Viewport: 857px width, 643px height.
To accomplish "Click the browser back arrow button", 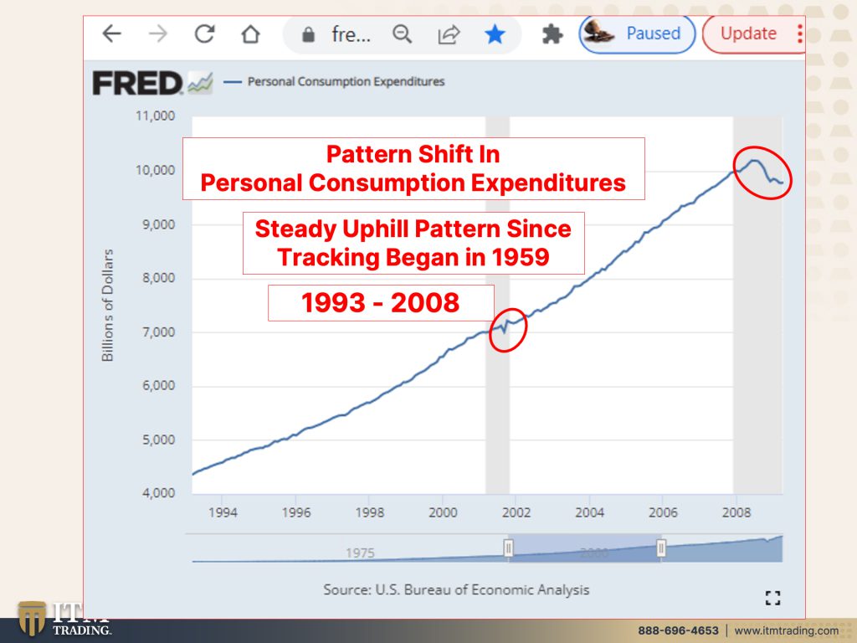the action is [x=111, y=33].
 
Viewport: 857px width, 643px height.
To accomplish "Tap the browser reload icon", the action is [x=204, y=33].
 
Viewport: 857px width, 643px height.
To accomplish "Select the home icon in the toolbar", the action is [x=251, y=33].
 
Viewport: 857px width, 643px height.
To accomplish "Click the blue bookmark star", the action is [x=495, y=34].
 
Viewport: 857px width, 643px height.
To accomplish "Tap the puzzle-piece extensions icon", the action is [x=552, y=34].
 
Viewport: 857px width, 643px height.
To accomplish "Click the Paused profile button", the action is [x=637, y=33].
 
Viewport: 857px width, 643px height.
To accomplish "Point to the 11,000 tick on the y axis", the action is [x=155, y=116].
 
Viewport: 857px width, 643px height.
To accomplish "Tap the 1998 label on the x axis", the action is [x=369, y=513].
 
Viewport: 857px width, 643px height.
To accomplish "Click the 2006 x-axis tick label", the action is [x=663, y=513].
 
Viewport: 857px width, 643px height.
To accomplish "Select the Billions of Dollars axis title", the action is [x=108, y=305].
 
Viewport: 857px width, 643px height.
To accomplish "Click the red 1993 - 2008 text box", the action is [x=381, y=303].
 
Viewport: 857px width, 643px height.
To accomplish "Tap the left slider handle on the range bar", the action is [x=508, y=548].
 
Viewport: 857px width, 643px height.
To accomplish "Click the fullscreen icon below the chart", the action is [x=772, y=598].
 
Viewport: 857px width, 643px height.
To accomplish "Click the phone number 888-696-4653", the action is [x=678, y=630].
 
